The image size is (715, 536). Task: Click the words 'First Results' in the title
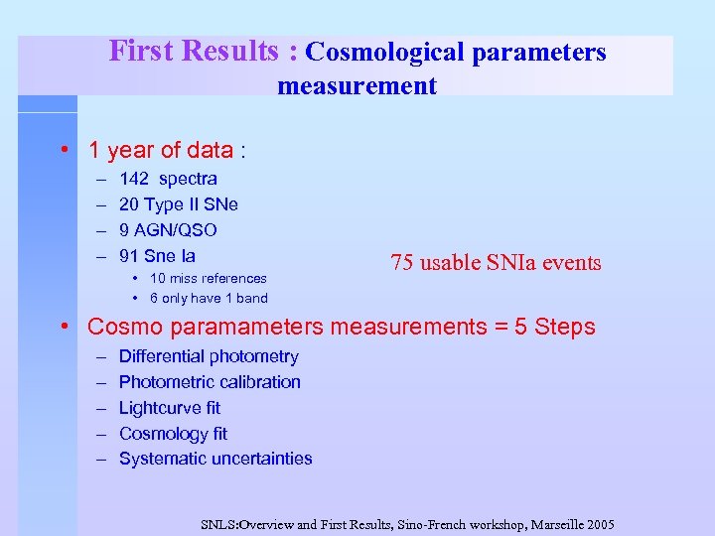point(194,51)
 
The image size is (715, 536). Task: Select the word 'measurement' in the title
point(357,86)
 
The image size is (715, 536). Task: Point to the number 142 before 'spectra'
point(133,179)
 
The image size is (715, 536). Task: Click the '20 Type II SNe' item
point(178,204)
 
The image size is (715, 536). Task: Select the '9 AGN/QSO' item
point(168,230)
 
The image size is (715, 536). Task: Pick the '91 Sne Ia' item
point(157,256)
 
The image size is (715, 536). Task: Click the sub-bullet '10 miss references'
point(208,279)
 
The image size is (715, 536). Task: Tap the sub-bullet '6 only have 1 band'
point(209,298)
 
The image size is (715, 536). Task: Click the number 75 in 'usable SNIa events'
point(401,263)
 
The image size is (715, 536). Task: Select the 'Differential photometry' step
point(208,356)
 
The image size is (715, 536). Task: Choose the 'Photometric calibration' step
point(210,382)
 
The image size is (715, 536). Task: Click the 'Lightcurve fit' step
point(169,408)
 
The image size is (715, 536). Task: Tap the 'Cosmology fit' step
point(173,434)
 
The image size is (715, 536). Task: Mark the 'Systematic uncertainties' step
point(215,459)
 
